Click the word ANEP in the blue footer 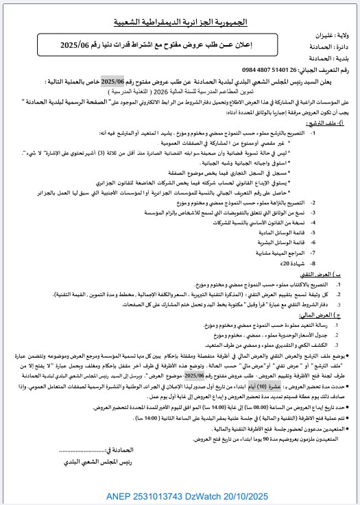(119, 495)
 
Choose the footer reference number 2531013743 (160, 495)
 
